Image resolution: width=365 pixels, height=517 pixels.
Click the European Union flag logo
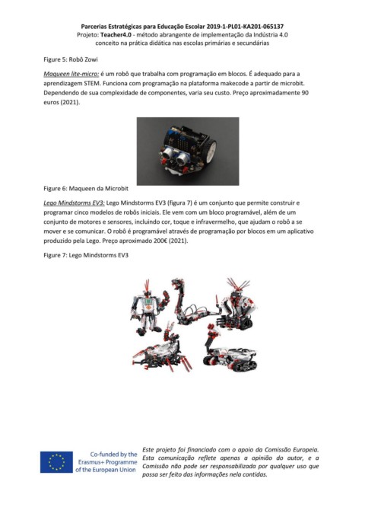coord(56,462)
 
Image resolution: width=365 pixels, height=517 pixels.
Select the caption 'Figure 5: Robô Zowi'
coord(71,59)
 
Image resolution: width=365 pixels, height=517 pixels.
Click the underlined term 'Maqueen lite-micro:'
coord(71,74)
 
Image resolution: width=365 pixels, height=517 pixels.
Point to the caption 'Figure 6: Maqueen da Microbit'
coord(86,189)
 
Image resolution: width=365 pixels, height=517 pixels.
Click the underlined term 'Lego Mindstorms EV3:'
coord(74,203)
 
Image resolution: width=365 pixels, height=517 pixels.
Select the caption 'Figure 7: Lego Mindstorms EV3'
coord(86,255)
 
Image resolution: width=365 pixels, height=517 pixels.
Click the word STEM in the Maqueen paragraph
coord(91,84)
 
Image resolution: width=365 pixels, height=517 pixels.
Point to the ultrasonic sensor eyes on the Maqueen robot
coord(175,155)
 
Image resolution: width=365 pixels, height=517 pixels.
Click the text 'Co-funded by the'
coord(113,454)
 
